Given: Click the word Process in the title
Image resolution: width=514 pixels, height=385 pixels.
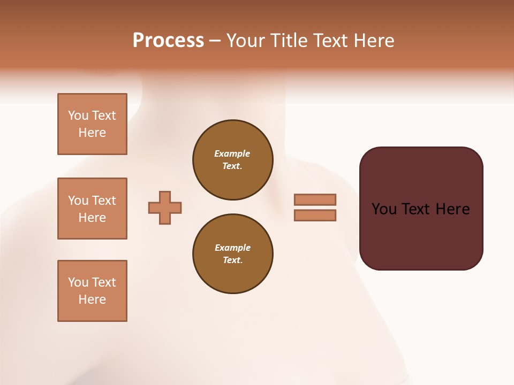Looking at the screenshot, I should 168,41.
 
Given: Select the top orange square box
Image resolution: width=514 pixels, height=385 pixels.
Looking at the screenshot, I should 92,124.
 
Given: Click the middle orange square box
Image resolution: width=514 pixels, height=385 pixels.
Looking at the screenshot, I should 92,209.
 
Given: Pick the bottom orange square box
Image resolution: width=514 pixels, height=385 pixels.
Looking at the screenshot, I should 92,291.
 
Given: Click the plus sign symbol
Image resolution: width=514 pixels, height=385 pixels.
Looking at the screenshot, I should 165,207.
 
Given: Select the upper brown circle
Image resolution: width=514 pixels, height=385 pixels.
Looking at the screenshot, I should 232,160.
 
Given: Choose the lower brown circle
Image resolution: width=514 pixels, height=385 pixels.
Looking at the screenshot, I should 232,254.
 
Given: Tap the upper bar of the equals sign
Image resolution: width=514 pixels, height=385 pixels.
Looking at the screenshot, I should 315,200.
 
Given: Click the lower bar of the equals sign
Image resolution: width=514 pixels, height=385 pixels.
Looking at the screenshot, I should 315,215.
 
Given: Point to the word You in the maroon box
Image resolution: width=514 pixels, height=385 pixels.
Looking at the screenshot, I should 384,209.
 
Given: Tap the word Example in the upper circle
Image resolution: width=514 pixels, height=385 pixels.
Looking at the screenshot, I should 232,153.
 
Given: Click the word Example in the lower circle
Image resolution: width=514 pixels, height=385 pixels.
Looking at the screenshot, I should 232,248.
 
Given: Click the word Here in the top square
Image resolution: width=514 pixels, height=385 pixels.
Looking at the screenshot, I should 92,133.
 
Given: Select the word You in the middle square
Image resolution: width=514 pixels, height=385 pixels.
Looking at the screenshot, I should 78,201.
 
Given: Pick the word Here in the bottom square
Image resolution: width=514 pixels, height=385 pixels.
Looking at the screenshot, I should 92,299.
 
